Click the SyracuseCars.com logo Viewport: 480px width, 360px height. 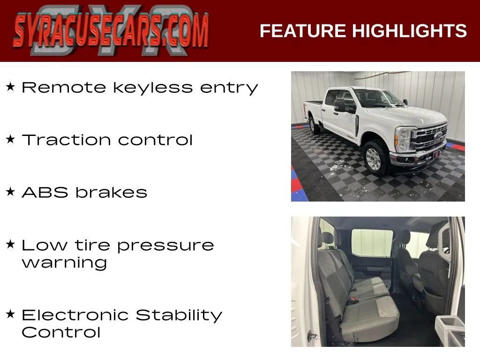coord(111,31)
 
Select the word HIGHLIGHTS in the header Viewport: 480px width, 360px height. coord(409,31)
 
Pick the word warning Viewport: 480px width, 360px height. coord(64,262)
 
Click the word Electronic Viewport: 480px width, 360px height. coord(75,315)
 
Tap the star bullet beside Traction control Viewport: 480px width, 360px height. coord(11,139)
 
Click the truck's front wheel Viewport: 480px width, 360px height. coord(374,158)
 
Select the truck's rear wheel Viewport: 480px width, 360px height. coord(314,125)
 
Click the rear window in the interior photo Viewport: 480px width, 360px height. coord(372,242)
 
